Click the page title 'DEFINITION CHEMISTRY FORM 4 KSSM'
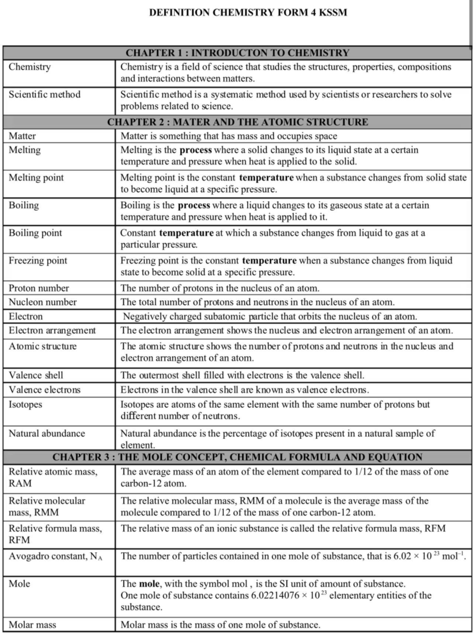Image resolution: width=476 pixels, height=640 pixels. [248, 13]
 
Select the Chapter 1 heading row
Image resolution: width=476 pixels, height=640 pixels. [237, 53]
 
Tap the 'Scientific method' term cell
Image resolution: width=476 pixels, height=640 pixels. [44, 94]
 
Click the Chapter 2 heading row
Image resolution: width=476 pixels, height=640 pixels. [237, 122]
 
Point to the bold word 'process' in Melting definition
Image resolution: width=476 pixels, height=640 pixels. [196, 150]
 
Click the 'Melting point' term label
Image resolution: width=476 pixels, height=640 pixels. [36, 178]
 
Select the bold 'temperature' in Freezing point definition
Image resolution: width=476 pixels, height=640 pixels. [269, 261]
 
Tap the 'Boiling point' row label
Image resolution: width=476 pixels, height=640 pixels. [35, 233]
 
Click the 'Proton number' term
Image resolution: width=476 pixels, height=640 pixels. [39, 288]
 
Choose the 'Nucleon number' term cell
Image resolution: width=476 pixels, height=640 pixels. [42, 302]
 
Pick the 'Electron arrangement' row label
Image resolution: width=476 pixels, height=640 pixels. [52, 331]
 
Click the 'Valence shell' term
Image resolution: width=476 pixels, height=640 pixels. [36, 375]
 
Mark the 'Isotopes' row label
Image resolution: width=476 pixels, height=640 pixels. [25, 405]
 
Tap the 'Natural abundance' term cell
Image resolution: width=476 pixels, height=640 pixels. [47, 433]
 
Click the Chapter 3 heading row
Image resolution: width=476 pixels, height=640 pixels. [237, 457]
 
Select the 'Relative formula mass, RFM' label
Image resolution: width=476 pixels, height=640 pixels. [55, 534]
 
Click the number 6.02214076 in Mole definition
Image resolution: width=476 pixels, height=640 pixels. [275, 596]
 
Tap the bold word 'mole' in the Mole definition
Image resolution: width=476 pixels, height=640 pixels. [149, 584]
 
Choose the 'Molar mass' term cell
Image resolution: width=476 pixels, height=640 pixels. [32, 625]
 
